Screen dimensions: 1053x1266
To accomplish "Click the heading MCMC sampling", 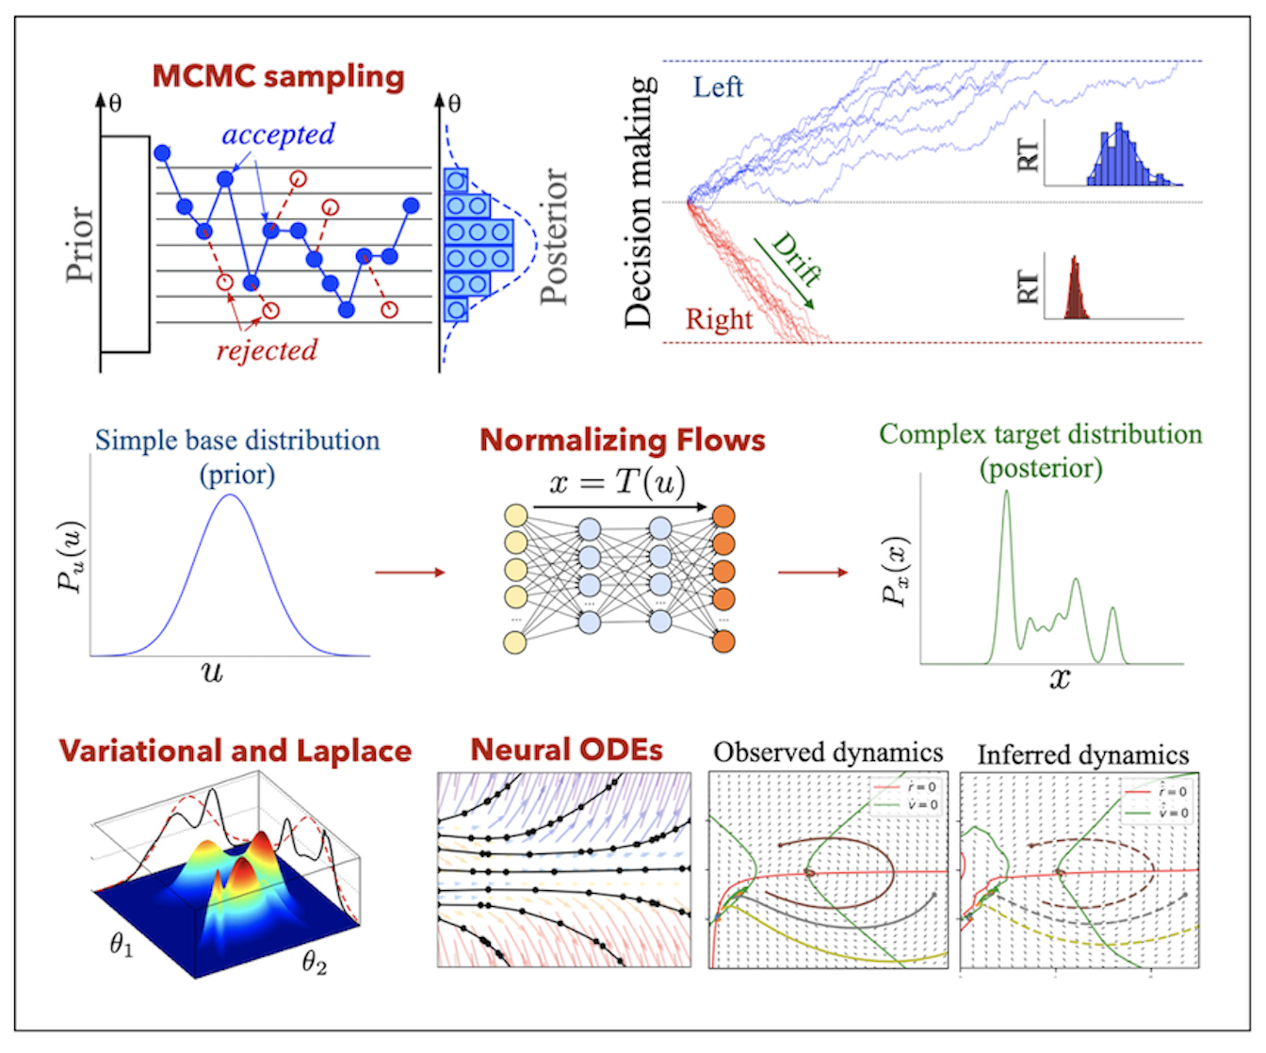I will [x=278, y=76].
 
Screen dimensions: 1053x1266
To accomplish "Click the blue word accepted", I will [x=278, y=135].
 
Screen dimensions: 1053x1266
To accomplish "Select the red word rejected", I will [x=267, y=350].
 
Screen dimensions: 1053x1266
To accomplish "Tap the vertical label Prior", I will [x=80, y=244].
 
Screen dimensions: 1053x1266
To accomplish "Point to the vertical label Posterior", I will [x=556, y=236].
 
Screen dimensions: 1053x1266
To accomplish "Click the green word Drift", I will [x=796, y=259].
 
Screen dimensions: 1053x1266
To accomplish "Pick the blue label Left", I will [x=718, y=88].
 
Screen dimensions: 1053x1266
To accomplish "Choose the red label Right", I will [x=719, y=320].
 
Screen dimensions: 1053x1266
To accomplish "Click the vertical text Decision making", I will [x=639, y=202].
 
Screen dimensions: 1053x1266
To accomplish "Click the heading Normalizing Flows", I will [x=622, y=440].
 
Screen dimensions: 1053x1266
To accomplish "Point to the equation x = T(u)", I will [x=617, y=482].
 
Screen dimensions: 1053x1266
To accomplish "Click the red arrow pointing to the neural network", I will [x=409, y=572].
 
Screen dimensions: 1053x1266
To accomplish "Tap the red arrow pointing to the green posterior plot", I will [x=812, y=572].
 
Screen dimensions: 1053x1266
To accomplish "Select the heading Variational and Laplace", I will [x=235, y=751].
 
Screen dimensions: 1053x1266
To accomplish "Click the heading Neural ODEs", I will [x=566, y=750].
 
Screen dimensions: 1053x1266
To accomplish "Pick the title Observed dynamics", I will [x=828, y=753].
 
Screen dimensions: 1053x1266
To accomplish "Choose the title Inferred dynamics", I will [x=1082, y=755].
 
